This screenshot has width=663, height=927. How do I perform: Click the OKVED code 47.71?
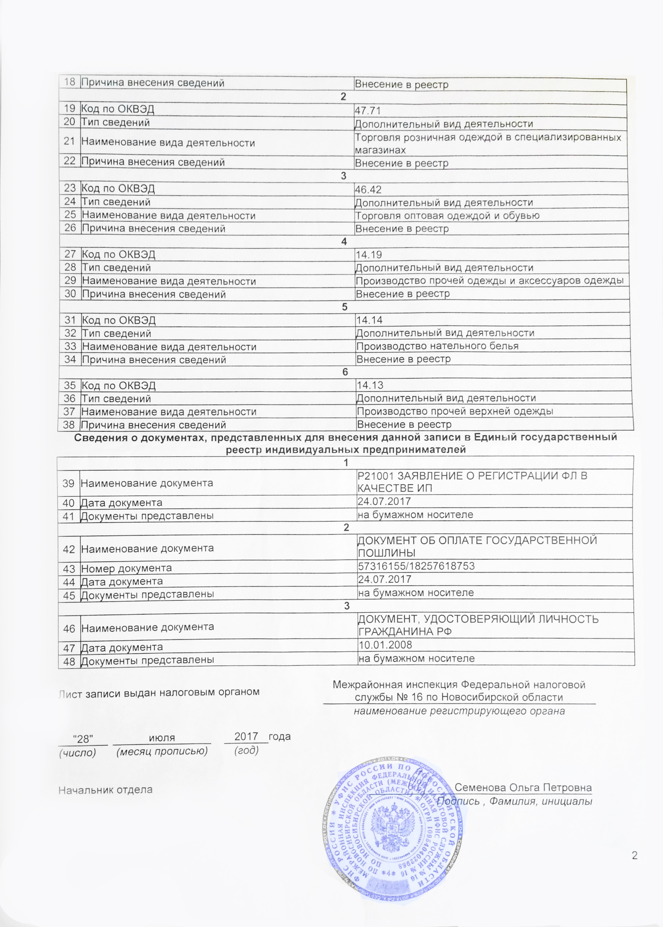368,111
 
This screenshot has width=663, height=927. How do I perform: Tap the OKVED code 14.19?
369,255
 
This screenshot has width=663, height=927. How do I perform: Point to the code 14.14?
369,320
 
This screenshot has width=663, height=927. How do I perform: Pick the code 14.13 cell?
370,386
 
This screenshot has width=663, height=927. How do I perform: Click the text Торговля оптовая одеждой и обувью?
447,216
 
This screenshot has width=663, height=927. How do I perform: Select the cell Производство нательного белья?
437,346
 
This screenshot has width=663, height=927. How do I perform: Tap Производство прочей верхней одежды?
455,411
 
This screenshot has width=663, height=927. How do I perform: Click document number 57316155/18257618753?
416,566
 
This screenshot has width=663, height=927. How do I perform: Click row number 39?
68,484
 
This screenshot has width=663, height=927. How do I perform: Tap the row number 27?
70,254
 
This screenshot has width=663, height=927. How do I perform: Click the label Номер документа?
126,568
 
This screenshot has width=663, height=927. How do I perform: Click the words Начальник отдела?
105,790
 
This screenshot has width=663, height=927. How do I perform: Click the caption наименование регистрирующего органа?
459,711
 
